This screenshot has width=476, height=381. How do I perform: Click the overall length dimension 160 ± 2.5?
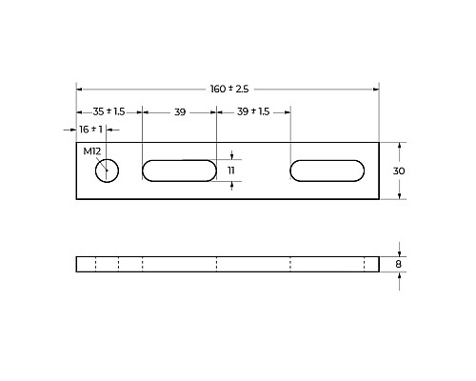228,89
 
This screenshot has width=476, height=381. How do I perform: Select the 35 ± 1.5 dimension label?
108,111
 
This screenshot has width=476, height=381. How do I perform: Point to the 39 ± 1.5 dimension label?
252,111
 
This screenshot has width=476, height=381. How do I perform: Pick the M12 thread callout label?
91,152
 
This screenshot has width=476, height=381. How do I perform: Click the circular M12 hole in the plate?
106,170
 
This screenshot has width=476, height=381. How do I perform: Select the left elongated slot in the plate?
178,170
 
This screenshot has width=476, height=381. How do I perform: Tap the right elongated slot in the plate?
327,170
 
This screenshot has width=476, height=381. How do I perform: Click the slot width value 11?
231,170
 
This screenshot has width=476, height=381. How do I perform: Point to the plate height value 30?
400,170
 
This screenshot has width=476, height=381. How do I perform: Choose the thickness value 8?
400,264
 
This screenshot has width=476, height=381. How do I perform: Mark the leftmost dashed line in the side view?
96,264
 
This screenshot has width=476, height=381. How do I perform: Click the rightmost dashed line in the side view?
364,264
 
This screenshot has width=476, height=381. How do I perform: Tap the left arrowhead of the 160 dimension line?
80,89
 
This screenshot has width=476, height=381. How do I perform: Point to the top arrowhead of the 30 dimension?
400,146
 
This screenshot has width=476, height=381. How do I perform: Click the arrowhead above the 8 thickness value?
400,252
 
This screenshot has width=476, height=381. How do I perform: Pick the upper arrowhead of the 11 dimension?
231,157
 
